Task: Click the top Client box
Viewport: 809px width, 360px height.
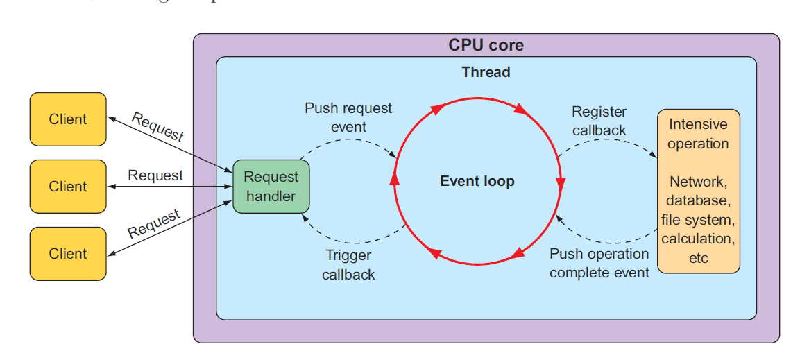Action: (68, 119)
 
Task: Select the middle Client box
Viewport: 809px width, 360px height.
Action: (68, 187)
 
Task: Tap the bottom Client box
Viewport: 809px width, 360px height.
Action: (68, 254)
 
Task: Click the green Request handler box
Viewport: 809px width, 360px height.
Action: (271, 187)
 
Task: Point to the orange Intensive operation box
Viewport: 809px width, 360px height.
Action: (698, 191)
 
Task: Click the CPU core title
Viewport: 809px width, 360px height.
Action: (486, 46)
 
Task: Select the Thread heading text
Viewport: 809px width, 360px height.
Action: (486, 72)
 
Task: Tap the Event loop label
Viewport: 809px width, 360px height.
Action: (477, 182)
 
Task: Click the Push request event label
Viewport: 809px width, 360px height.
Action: (348, 117)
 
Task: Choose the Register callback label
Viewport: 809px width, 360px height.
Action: (599, 121)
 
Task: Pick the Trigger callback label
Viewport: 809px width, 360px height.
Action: (348, 265)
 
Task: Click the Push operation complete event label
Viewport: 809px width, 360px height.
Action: (599, 263)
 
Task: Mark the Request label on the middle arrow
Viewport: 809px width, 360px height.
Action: (155, 176)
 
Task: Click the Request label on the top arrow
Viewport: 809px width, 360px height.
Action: (157, 127)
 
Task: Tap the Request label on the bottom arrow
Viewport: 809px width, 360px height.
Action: (154, 223)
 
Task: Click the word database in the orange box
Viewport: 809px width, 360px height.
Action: (698, 201)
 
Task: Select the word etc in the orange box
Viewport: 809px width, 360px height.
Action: (698, 258)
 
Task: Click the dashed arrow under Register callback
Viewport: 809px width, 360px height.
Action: (607, 144)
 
